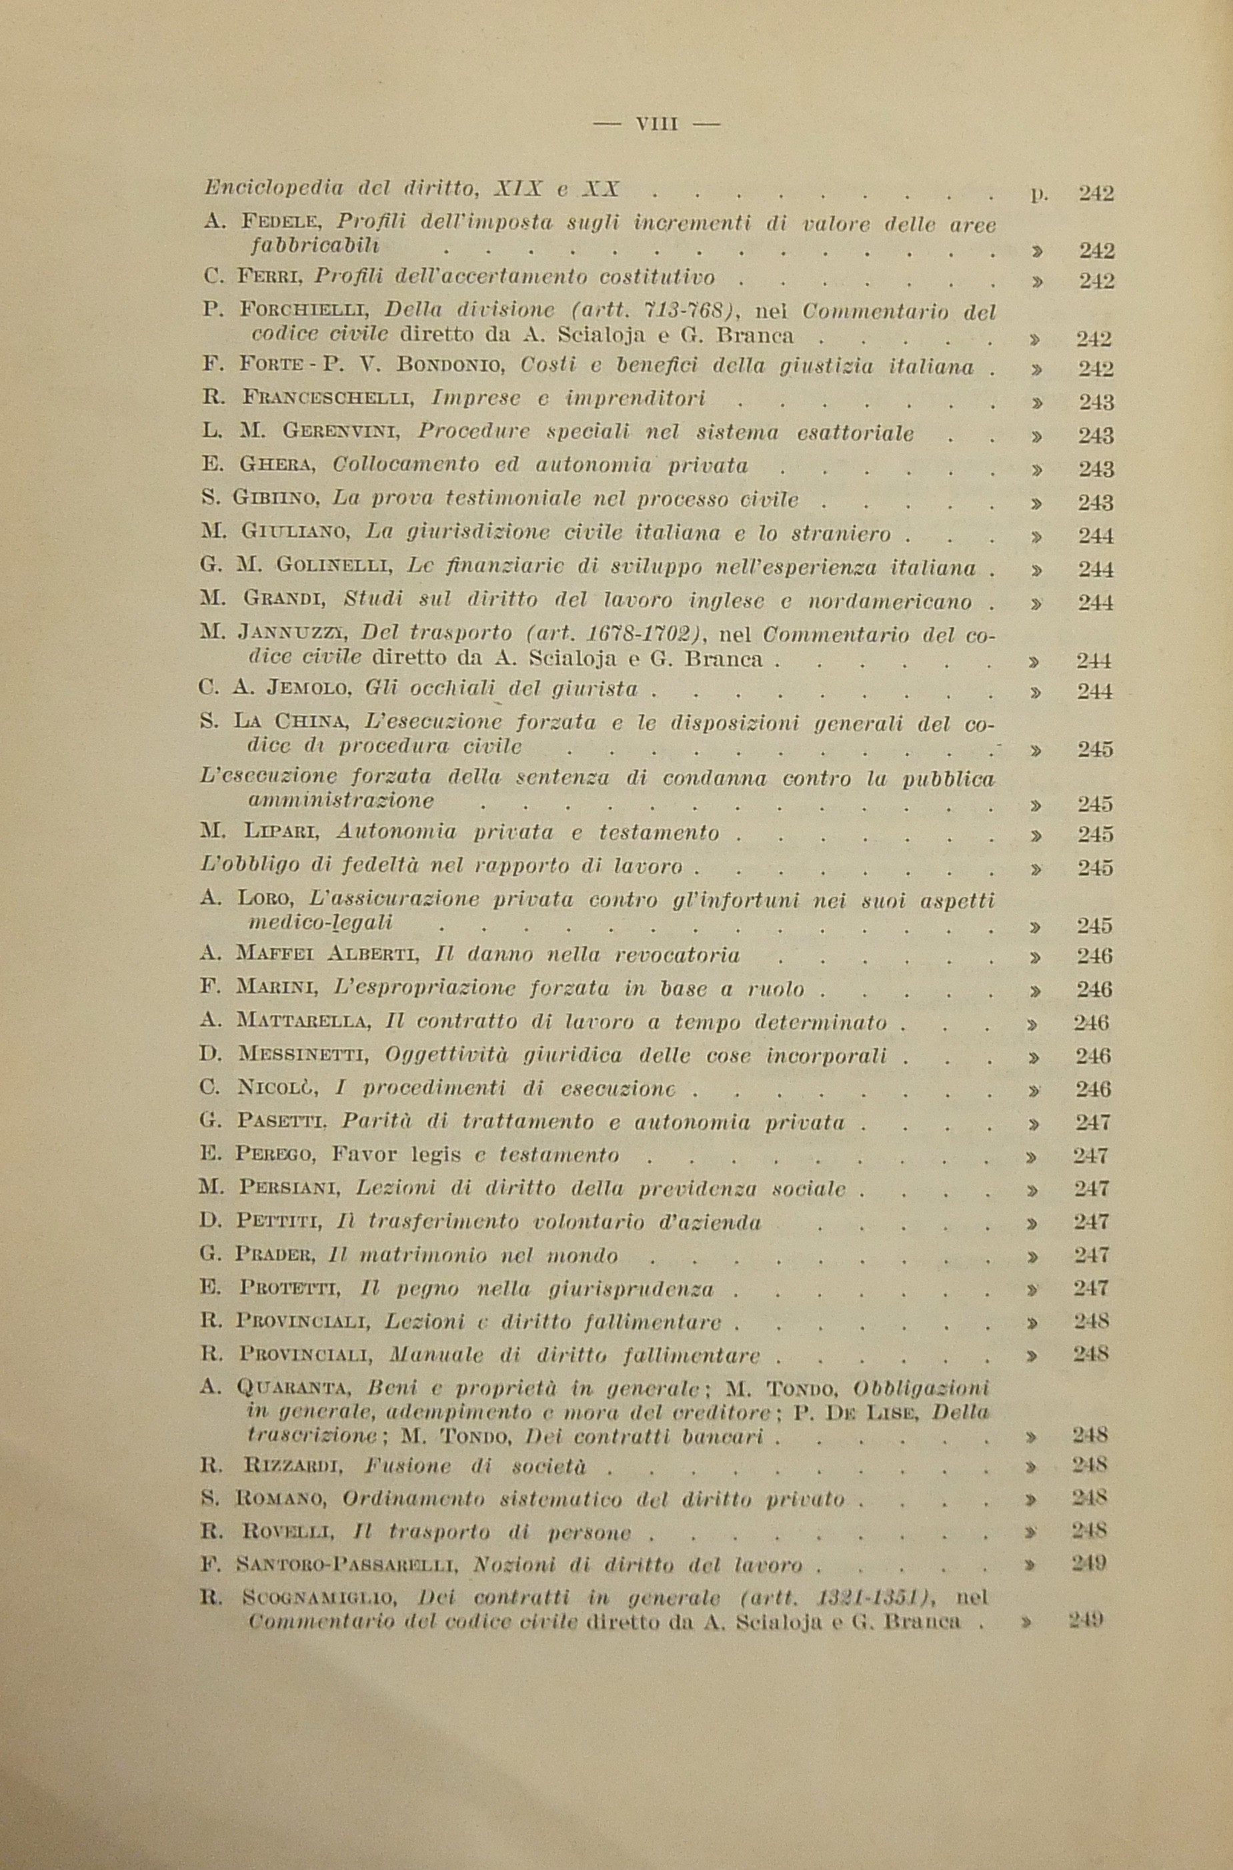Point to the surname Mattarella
point(302,1022)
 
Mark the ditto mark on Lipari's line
point(1036,834)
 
